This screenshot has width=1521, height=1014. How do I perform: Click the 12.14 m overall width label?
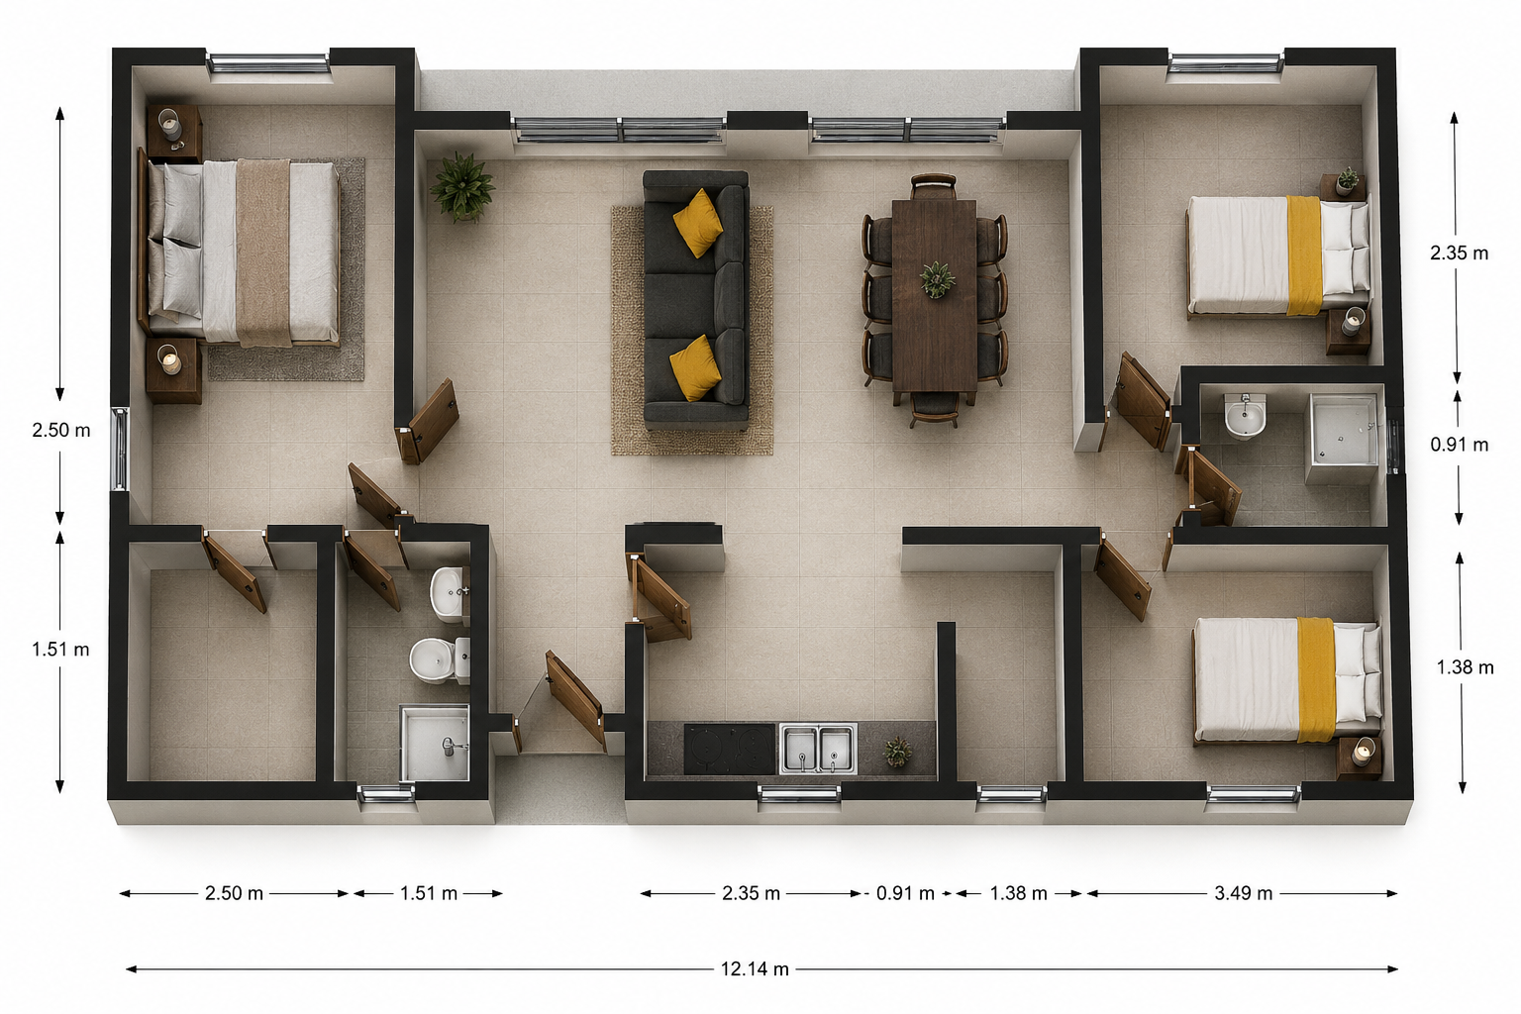pos(755,969)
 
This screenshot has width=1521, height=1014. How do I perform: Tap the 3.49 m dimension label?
pos(1244,893)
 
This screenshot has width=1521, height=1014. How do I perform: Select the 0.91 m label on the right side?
pos(1460,445)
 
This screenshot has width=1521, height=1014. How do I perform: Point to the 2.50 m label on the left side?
pos(61,430)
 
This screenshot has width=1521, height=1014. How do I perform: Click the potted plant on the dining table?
pos(937,279)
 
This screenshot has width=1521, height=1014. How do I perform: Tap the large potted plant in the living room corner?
pos(462,186)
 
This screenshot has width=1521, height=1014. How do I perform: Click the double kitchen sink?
pos(818,748)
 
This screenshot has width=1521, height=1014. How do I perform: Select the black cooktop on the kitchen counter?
pos(729,749)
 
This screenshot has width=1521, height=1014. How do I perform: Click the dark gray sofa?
pos(695,299)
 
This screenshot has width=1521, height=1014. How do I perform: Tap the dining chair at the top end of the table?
pos(934,186)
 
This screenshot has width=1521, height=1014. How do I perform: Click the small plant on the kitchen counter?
pos(898,752)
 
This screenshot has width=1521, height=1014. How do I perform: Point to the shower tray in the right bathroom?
pos(1344,438)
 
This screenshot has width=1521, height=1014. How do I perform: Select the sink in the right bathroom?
pos(1246,417)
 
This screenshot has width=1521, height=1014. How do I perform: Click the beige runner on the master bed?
pos(263,252)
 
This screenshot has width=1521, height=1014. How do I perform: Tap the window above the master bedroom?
pos(268,63)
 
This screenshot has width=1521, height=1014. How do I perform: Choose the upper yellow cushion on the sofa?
pos(697,223)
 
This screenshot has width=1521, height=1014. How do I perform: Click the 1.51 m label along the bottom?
pos(429,893)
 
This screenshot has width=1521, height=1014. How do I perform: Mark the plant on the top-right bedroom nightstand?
pos(1347,180)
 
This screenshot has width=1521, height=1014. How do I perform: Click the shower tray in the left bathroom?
pos(435,743)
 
